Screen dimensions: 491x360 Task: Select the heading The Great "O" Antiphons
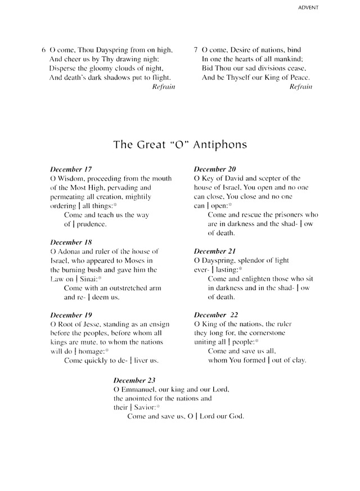(x=180, y=145)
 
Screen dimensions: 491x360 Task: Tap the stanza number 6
(x=43, y=50)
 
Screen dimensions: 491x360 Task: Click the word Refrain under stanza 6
(x=163, y=87)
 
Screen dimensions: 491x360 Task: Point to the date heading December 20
(x=215, y=169)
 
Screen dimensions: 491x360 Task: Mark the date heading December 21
(x=215, y=251)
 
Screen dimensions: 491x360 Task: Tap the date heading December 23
(x=134, y=380)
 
